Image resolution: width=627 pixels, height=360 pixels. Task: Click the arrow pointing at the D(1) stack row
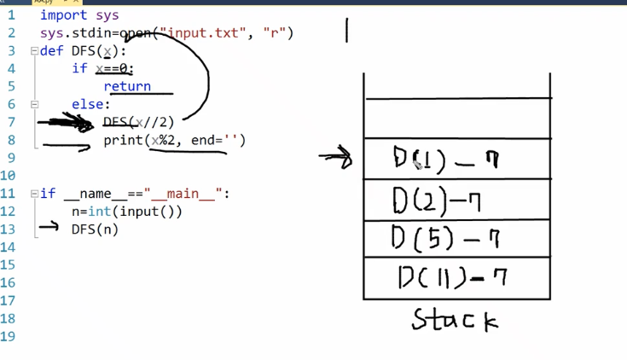tap(335, 158)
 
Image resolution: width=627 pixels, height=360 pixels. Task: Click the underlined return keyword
tap(127, 86)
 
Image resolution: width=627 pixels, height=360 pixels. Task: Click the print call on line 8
tap(122, 140)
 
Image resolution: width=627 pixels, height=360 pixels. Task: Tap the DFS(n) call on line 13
tap(95, 229)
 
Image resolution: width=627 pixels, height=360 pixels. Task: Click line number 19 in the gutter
tap(9, 336)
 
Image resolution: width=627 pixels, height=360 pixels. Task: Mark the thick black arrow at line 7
tap(66, 123)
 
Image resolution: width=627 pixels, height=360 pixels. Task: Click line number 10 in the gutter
tap(9, 176)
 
